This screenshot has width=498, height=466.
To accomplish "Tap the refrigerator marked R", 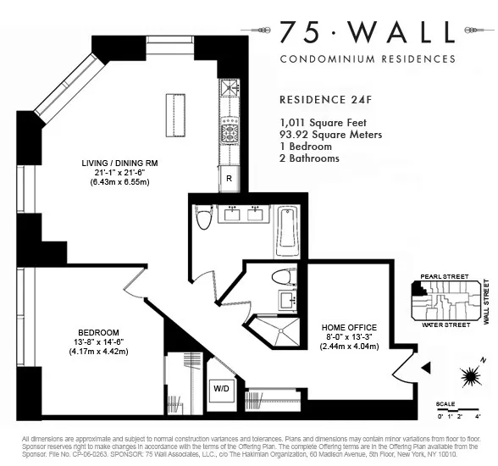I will (x=229, y=178).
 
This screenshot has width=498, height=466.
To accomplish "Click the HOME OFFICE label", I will (x=349, y=327).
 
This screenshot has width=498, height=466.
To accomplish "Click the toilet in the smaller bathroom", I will (x=283, y=278).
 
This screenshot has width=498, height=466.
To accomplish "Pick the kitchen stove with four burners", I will (x=230, y=132).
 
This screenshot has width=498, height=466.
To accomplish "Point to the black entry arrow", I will (x=426, y=367).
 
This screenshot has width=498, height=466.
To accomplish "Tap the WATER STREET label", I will (x=445, y=325).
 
